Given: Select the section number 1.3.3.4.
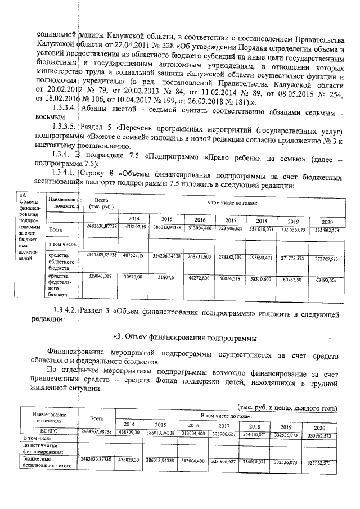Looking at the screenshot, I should (62, 107).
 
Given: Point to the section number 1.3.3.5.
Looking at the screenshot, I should (62, 127).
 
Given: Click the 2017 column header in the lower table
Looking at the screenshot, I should (225, 425).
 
